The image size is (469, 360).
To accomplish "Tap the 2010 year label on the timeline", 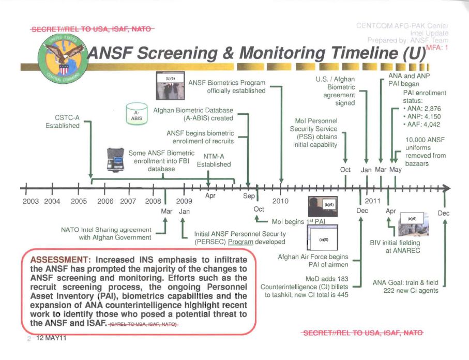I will [280, 201].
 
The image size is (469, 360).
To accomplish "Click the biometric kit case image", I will [117, 160].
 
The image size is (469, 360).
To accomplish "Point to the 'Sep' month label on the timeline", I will [247, 196].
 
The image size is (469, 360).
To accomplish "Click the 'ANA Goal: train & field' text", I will [405, 282].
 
